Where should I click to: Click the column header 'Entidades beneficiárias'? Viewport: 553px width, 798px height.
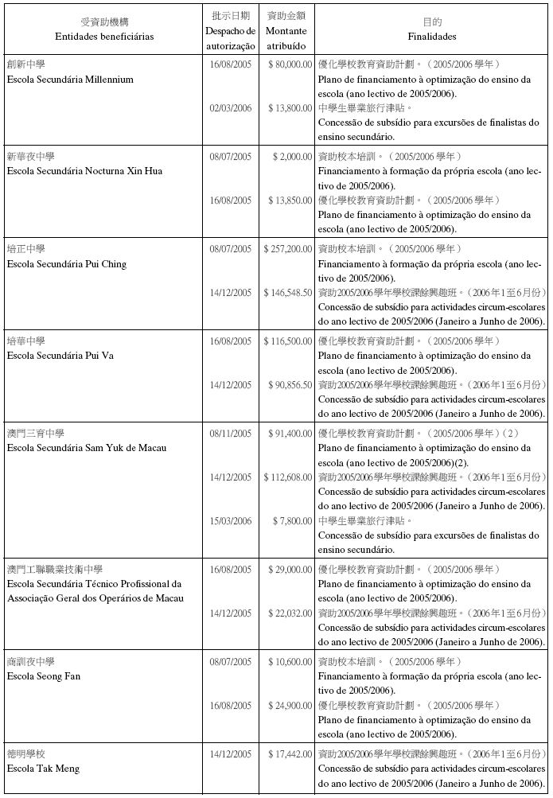point(104,37)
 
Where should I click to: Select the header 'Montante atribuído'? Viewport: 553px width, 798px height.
point(286,37)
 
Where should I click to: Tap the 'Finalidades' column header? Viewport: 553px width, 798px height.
point(432,37)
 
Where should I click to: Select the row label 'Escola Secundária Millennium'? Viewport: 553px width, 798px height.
point(70,80)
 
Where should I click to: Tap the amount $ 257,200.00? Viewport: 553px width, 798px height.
point(288,249)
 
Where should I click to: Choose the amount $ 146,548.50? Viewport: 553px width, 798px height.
point(288,293)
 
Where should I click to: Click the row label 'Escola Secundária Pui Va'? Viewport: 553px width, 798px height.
point(60,356)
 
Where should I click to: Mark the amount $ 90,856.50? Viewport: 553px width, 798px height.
point(290,385)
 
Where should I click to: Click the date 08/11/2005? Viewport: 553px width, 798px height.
point(231,434)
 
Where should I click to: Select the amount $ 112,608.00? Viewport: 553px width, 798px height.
point(288,477)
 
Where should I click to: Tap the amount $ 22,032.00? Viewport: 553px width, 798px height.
point(290,613)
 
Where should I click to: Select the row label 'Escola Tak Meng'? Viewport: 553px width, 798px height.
point(43,769)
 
